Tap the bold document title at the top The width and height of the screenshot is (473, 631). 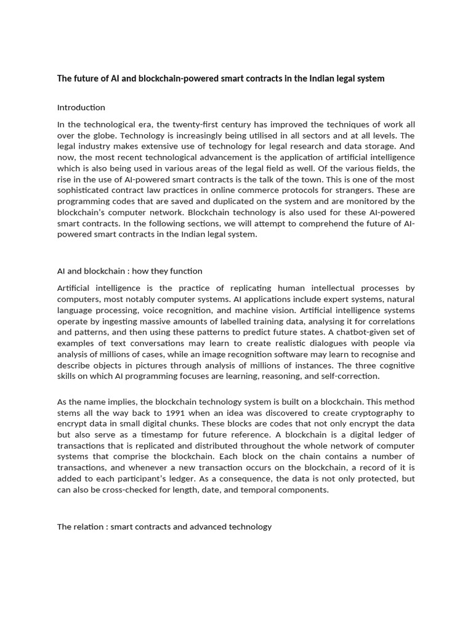[220, 78]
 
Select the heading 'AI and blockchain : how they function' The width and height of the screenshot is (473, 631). [129, 271]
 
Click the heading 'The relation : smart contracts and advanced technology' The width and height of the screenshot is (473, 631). [164, 526]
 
